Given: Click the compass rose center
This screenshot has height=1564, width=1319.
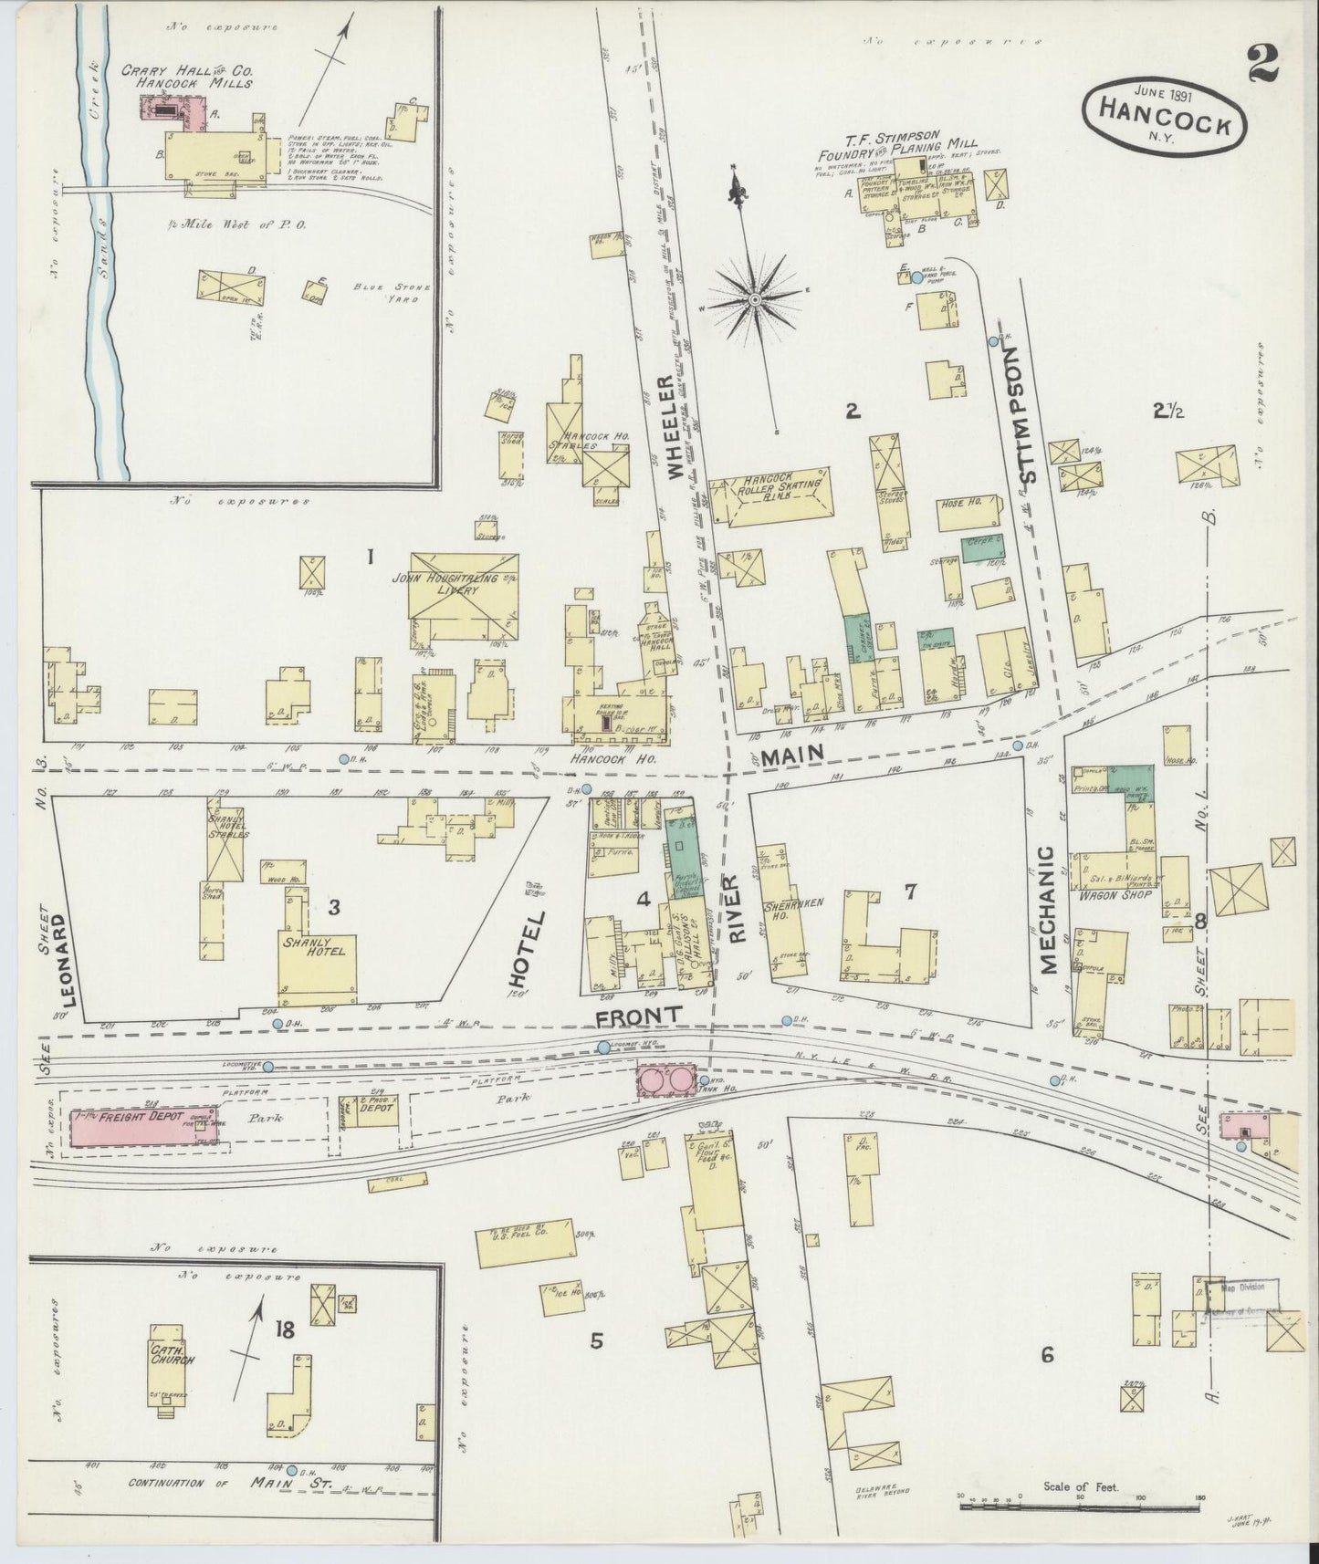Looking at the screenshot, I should click(x=756, y=299).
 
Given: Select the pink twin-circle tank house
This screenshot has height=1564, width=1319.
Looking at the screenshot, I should click(x=667, y=1080).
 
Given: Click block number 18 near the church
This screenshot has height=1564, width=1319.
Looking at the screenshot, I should click(x=284, y=1331).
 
